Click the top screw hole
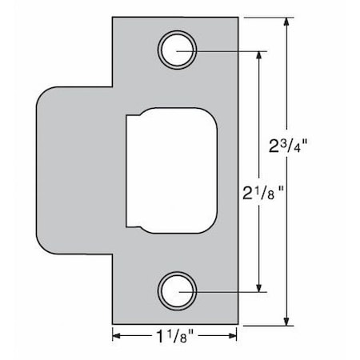[x=178, y=50]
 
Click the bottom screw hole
[x=178, y=291]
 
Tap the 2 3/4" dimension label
[x=288, y=146]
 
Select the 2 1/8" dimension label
[x=263, y=193]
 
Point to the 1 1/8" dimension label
[x=174, y=337]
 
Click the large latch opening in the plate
[x=171, y=170]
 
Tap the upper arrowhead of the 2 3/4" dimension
[x=286, y=22]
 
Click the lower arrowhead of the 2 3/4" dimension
[x=286, y=321]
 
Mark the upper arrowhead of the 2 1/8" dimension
[x=258, y=55]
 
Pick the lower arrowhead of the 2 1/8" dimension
[x=258, y=287]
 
